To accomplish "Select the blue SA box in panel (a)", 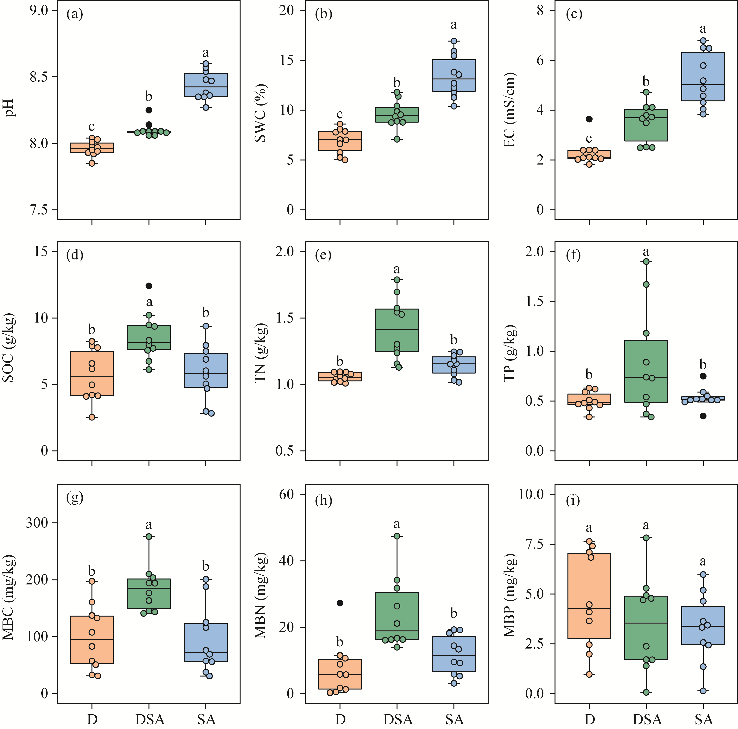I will point(206,85).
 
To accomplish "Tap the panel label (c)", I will point(574,14).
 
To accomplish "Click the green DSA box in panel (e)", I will point(397,330).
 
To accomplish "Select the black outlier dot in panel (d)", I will point(149,286).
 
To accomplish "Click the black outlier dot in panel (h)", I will point(340,603).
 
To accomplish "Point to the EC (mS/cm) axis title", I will point(510,110).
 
